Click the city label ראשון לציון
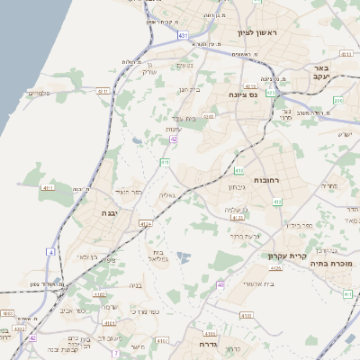[260, 33]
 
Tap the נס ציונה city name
[241, 94]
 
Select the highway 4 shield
[51, 252]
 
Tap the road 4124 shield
[146, 223]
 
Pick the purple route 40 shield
[220, 284]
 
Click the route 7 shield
[115, 353]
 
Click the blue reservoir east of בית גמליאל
[184, 257]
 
